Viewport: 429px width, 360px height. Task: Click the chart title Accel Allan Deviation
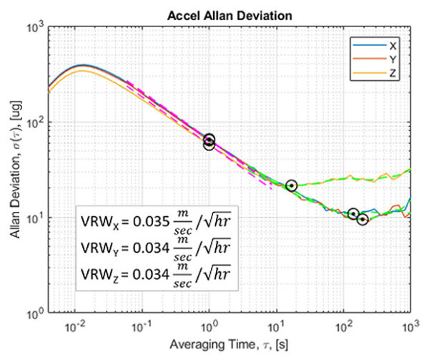(x=228, y=13)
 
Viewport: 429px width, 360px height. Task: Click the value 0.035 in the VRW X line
(x=148, y=220)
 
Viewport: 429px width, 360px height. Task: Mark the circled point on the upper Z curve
(x=291, y=186)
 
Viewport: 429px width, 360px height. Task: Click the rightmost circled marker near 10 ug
(x=363, y=219)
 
